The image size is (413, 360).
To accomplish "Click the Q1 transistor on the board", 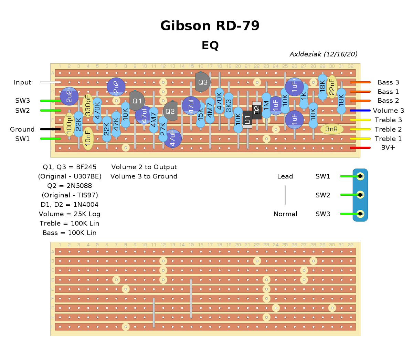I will [x=137, y=101].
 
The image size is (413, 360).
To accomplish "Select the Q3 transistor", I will [x=203, y=82].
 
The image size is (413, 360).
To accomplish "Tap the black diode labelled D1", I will [x=247, y=120].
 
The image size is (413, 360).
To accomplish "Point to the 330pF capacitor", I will [x=88, y=105].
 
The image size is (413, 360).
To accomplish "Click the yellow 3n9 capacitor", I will [x=331, y=129].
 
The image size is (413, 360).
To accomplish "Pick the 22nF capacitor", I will [x=331, y=87].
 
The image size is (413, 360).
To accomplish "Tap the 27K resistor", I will [x=163, y=129].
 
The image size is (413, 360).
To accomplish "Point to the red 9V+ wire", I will [x=360, y=148].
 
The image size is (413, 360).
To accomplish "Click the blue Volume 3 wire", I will [x=360, y=111].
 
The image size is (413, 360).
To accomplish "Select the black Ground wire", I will [x=51, y=129].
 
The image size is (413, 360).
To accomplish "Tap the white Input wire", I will [x=51, y=82].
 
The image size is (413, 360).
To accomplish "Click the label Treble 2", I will [x=388, y=129].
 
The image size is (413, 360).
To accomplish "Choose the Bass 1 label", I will [x=388, y=92].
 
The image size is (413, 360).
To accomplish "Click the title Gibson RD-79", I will [x=210, y=26].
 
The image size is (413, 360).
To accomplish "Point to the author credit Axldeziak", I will [x=323, y=54].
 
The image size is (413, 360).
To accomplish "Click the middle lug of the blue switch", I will [x=360, y=195].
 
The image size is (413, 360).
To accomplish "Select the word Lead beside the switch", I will [x=285, y=176].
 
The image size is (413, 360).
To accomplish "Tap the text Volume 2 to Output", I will [x=144, y=167].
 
